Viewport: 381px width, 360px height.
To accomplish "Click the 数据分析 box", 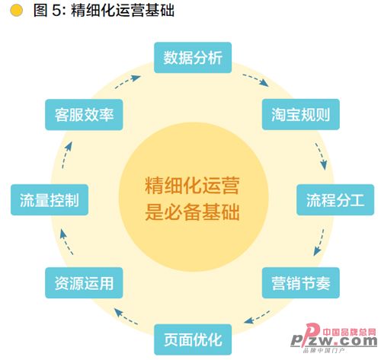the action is coord(193,58).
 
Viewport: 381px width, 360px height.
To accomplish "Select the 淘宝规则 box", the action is coord(301,114).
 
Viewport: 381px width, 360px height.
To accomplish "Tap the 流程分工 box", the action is coord(335,200).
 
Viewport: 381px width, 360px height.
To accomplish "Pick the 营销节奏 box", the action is coord(301,283).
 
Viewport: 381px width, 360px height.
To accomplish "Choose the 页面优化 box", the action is coord(193,339).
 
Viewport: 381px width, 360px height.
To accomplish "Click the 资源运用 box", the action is coord(84,283).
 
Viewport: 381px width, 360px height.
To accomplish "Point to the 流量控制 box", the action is coord(50,200).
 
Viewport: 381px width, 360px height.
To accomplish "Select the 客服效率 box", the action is coord(84,115).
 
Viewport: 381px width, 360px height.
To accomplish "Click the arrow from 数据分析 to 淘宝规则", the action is coord(256,79).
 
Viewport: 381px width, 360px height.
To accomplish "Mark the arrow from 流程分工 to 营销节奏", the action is coord(320,242).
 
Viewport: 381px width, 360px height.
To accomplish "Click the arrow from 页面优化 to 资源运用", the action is coord(126,317).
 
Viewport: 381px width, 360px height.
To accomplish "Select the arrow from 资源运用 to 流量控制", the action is coord(66,242).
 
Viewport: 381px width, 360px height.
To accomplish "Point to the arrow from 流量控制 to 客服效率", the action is coord(66,155).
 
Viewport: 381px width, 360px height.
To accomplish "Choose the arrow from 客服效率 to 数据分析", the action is coord(127,81).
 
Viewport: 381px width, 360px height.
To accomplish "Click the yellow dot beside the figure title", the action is coord(16,11).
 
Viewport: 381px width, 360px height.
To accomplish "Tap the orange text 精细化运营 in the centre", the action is coord(192,186).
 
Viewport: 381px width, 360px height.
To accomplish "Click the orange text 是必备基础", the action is coord(192,212).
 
